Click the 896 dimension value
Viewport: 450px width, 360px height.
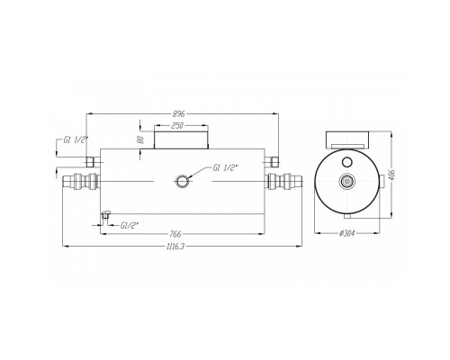coord(178,114)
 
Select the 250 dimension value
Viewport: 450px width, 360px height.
coord(177,126)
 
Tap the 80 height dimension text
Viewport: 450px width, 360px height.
coord(139,140)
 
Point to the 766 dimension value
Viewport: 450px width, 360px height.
coord(175,233)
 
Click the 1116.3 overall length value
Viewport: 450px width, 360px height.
coord(175,247)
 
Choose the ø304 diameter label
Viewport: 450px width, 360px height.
coord(347,233)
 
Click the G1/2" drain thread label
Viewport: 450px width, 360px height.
coord(129,226)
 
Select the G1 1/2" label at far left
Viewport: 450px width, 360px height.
coord(76,139)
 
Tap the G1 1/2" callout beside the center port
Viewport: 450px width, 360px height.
coord(225,168)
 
